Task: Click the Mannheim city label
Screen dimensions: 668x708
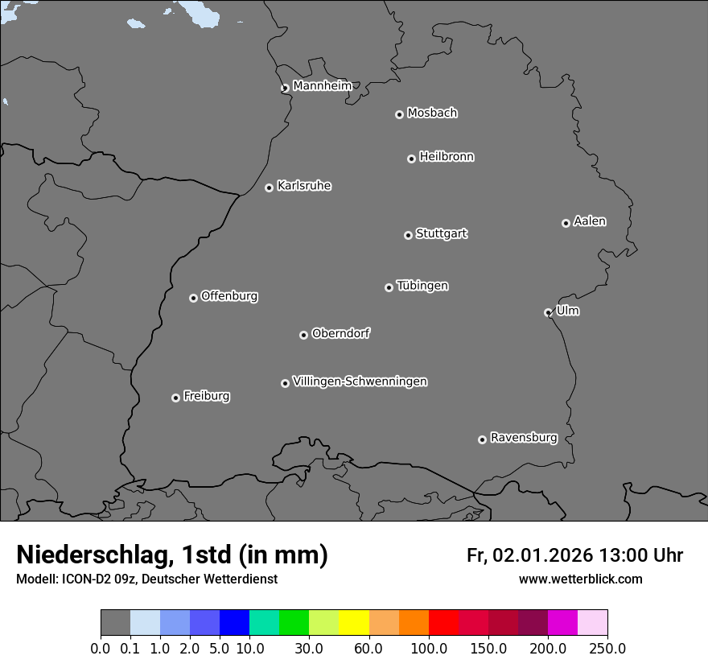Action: [322, 85]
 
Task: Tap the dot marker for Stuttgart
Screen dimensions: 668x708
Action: [408, 235]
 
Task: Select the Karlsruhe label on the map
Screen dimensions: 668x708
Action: [304, 186]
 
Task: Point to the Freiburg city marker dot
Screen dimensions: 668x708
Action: [175, 398]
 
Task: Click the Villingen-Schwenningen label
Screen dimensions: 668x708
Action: [360, 381]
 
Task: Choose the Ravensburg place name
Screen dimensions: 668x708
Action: [524, 438]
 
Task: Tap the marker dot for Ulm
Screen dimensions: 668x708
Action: [548, 312]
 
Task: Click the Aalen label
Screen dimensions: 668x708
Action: [590, 221]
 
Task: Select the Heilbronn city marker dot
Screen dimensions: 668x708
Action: [411, 159]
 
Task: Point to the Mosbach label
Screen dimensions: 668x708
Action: [432, 113]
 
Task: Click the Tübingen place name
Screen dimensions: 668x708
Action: [422, 286]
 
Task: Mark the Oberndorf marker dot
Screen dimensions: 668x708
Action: [303, 335]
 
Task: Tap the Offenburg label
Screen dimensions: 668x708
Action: [229, 296]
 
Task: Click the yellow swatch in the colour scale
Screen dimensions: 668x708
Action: [353, 623]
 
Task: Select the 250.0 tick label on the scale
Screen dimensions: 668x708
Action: [607, 648]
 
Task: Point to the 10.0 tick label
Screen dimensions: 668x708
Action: [249, 648]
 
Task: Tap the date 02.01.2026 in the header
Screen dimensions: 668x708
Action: [543, 555]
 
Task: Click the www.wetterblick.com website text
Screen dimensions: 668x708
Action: [581, 579]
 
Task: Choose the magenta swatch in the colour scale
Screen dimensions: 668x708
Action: [562, 623]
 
